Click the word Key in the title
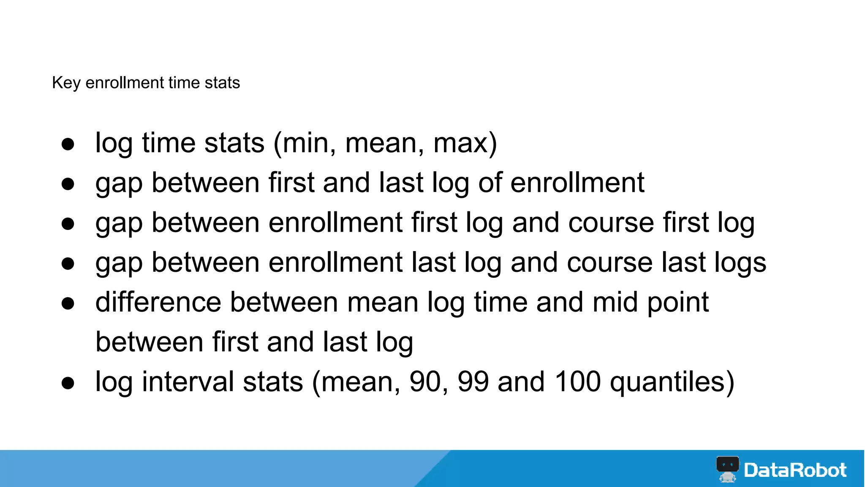coord(66,83)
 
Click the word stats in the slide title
coord(222,83)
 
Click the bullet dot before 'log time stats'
coord(68,144)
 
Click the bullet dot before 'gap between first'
coord(68,184)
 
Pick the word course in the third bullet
coord(611,223)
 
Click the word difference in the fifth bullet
coord(158,302)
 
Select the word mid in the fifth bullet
coord(615,302)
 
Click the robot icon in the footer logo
coord(727,469)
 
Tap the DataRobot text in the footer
coord(795,470)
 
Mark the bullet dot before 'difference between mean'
coord(68,304)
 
